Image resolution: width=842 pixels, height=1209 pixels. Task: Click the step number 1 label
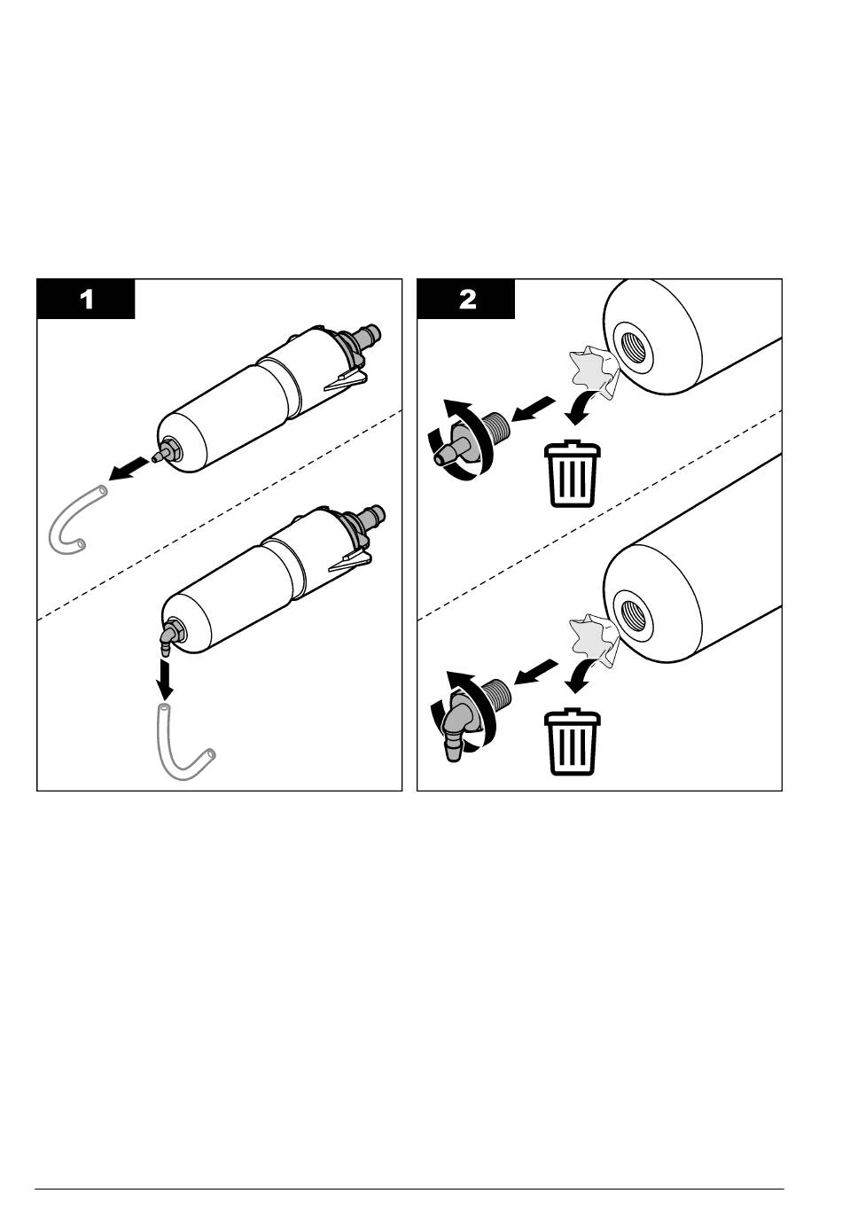86,299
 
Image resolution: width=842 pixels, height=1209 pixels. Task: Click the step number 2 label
466,299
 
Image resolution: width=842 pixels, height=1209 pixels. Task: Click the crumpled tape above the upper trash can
589,371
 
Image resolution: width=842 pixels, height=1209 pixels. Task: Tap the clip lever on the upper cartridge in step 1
345,383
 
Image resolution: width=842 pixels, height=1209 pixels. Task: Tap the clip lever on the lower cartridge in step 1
349,560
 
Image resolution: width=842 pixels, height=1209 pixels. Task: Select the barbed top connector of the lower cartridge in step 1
370,517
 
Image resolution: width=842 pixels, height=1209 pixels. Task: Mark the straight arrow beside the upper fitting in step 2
533,410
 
